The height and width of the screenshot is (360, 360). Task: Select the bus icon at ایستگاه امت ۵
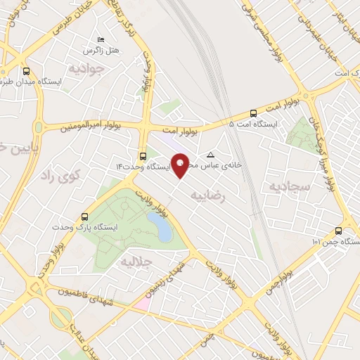pyautogui.click(x=253, y=112)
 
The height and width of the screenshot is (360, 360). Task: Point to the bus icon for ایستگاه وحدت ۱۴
pyautogui.click(x=143, y=156)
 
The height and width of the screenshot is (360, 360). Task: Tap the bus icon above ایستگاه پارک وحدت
pyautogui.click(x=85, y=217)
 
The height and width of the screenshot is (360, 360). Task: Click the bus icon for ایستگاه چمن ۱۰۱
pyautogui.click(x=339, y=231)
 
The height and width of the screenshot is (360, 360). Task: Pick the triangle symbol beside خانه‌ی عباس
pyautogui.click(x=210, y=154)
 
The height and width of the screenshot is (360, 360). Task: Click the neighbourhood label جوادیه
pyautogui.click(x=86, y=69)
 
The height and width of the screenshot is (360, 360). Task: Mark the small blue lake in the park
pyautogui.click(x=162, y=229)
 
